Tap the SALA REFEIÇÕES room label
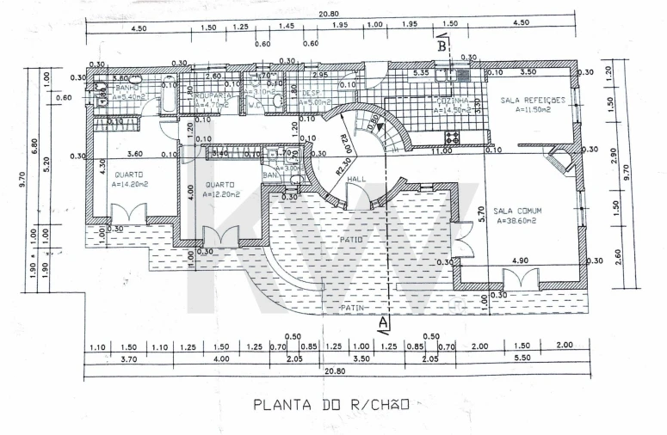[x=533, y=100]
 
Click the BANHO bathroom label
[x=127, y=88]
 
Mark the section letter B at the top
[x=441, y=47]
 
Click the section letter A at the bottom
[x=384, y=322]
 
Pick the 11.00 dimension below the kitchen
[x=442, y=150]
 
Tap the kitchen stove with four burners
[x=453, y=138]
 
